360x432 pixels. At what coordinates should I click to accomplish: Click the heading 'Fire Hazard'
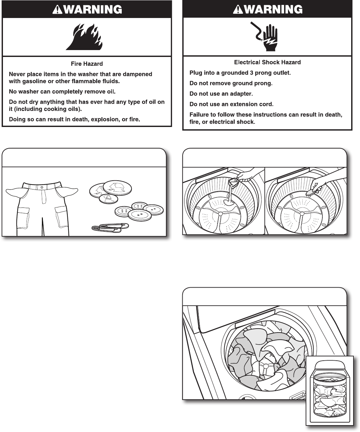[x=87, y=64]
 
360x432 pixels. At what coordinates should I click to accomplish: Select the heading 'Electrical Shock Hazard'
[x=267, y=62]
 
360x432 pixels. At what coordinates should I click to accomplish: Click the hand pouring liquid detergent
[x=245, y=176]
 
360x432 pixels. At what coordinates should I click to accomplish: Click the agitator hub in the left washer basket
[x=220, y=214]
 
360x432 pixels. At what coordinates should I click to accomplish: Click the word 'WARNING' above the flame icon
[x=92, y=10]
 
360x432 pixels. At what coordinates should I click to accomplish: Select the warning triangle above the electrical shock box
[x=237, y=10]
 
